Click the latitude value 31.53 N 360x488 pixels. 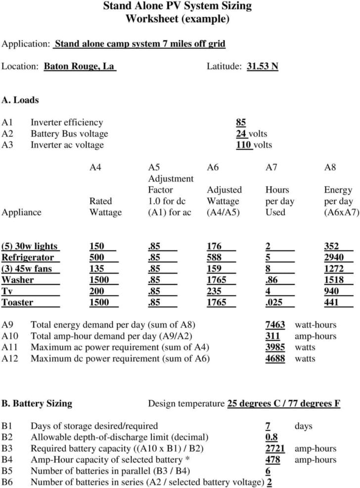pyautogui.click(x=262, y=66)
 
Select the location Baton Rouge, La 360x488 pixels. pyautogui.click(x=80, y=66)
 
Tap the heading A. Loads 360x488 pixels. pyautogui.click(x=20, y=100)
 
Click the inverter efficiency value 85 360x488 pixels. pyautogui.click(x=241, y=122)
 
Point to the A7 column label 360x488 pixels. pyautogui.click(x=271, y=168)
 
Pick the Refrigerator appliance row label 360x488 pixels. pyautogui.click(x=28, y=257)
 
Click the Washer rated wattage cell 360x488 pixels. pyautogui.click(x=100, y=280)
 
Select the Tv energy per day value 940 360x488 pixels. pyautogui.click(x=331, y=291)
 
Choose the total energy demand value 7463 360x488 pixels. pyautogui.click(x=275, y=325)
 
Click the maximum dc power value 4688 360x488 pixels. pyautogui.click(x=275, y=358)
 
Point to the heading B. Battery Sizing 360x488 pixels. pyautogui.click(x=37, y=403)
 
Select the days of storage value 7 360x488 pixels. pyautogui.click(x=268, y=426)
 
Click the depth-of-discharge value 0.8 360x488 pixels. pyautogui.click(x=271, y=437)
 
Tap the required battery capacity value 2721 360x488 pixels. pyautogui.click(x=275, y=448)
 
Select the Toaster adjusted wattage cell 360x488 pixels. pyautogui.click(x=217, y=302)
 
